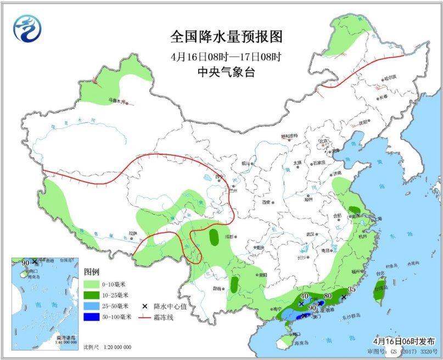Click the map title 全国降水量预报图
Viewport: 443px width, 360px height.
226,37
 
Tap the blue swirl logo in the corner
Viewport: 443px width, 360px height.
27,27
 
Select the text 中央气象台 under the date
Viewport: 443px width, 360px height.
226,71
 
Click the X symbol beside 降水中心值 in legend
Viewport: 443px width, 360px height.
145,306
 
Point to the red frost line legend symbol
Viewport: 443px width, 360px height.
145,317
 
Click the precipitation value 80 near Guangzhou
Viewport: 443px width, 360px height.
328,297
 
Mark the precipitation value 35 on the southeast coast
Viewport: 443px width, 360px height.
353,290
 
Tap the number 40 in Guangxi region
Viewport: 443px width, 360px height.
305,296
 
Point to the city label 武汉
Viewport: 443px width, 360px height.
311,234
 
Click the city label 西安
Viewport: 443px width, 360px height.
267,202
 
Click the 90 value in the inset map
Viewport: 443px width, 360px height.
25,263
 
